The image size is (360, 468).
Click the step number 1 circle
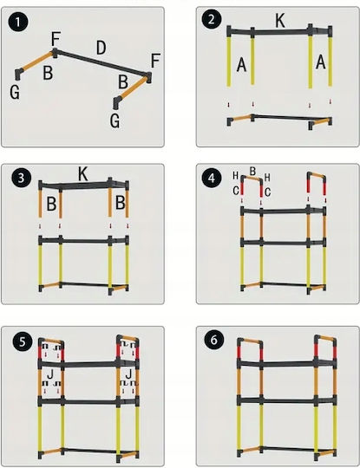(x=18, y=23)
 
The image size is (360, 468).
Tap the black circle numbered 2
(x=211, y=20)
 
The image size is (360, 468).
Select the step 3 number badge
(x=21, y=179)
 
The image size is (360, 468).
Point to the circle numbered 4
(x=211, y=179)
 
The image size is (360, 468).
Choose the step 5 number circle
(x=23, y=342)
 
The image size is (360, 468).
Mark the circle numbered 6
(x=214, y=341)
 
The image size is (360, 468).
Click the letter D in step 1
(x=101, y=48)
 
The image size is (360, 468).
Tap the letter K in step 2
(x=280, y=21)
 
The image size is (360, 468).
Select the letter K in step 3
(x=83, y=174)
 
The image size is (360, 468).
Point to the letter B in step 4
(x=252, y=172)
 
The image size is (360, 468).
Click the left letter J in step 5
(x=50, y=374)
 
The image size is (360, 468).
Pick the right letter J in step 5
(x=128, y=374)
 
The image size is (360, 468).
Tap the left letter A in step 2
(x=241, y=65)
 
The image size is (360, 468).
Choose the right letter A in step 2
(x=321, y=62)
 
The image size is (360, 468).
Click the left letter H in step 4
(x=235, y=176)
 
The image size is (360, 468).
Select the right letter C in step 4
(x=268, y=192)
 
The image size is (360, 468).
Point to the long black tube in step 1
(x=101, y=62)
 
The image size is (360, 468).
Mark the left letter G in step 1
(x=15, y=92)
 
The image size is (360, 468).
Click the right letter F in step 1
(x=155, y=61)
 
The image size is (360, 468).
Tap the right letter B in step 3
(x=120, y=203)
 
